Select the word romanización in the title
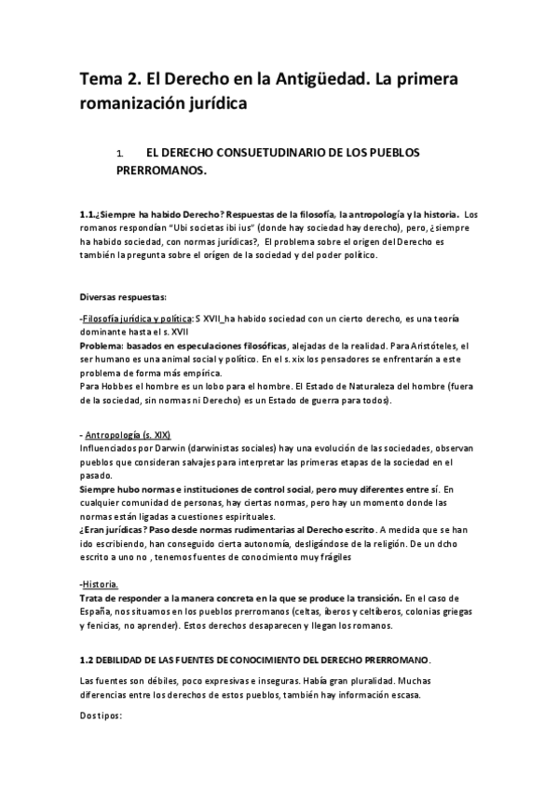(x=136, y=104)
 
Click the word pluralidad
(x=387, y=681)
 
